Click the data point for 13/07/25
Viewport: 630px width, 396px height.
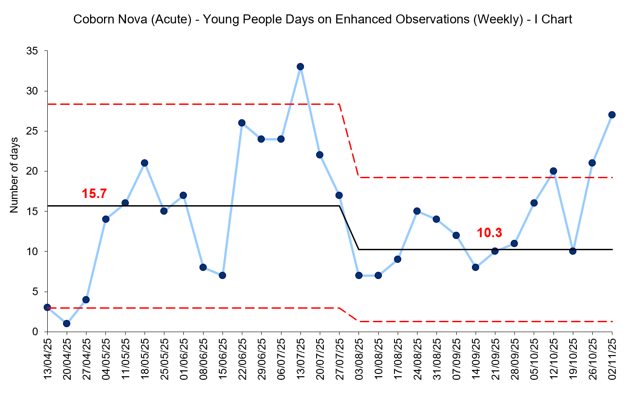click(300, 67)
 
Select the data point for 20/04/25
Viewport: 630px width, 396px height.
click(67, 324)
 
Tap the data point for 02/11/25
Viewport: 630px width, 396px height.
click(612, 115)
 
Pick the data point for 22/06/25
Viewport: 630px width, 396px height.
click(242, 123)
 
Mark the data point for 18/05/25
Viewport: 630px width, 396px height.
click(145, 163)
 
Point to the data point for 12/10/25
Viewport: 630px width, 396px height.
click(553, 171)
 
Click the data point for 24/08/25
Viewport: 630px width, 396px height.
click(417, 211)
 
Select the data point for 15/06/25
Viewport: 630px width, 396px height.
click(222, 275)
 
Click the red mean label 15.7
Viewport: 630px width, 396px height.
click(94, 194)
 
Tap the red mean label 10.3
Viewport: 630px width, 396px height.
click(489, 233)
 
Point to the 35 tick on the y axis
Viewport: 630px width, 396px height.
click(32, 51)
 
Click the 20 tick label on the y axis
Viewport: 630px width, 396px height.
click(32, 171)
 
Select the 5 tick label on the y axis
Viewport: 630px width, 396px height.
click(34, 292)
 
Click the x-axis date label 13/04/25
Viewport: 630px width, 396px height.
click(48, 360)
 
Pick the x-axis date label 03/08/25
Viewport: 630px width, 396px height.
click(359, 360)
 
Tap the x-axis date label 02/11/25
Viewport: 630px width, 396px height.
click(612, 360)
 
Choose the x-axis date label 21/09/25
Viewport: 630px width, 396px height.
click(495, 360)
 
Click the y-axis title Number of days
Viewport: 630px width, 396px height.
click(14, 175)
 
